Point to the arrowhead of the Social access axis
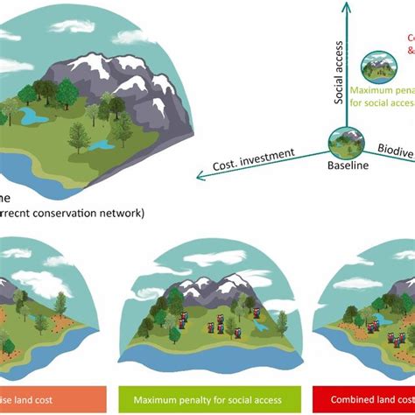click(x=347, y=6)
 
